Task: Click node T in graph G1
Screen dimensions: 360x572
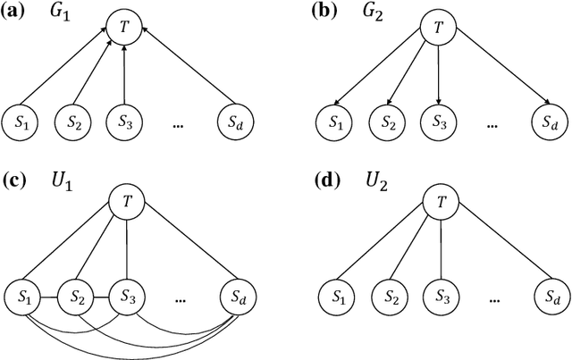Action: (124, 26)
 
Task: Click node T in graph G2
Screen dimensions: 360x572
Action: (438, 26)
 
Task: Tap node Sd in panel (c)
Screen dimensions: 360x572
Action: (239, 296)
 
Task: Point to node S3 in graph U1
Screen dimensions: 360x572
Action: (124, 296)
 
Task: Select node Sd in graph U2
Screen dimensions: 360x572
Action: (551, 296)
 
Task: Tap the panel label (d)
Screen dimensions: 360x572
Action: (332, 188)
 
